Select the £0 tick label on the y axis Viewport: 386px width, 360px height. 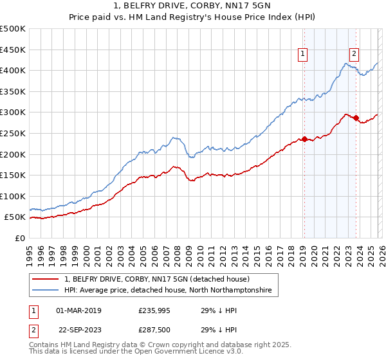[20, 238]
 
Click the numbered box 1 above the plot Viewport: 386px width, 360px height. [302, 55]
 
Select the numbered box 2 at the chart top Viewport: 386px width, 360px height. [354, 55]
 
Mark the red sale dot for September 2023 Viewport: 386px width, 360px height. [356, 118]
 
